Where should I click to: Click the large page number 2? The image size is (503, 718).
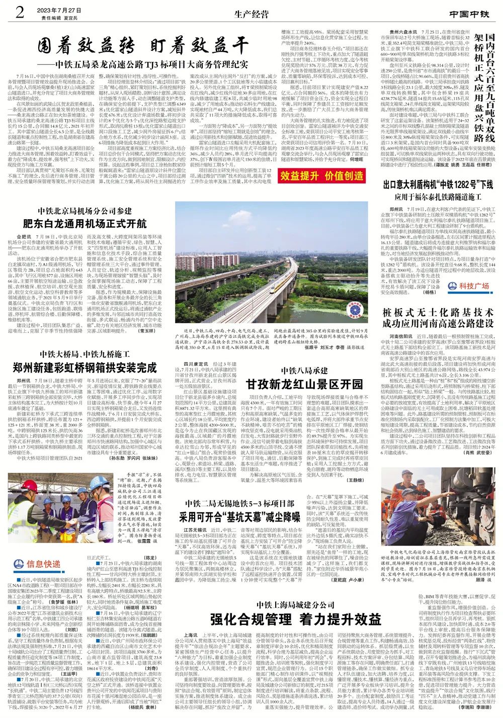click(x=20, y=12)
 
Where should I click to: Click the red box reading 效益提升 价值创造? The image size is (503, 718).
click(x=322, y=175)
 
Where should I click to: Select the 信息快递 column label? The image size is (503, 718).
click(x=43, y=550)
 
